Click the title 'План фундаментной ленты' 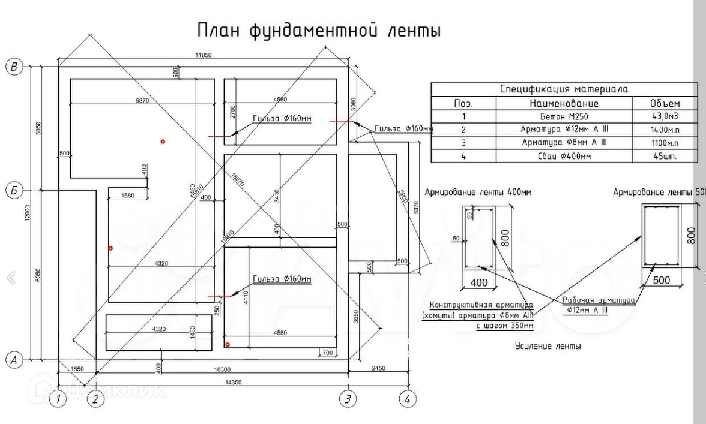319,29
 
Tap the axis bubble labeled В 14,67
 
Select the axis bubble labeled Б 14,190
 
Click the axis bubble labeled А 14,360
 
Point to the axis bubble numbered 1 58,399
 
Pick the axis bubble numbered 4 408,399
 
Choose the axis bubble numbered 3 348,399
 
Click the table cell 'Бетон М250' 564,116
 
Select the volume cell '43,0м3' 665,116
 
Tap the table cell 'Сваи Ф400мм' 564,156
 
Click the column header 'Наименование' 564,103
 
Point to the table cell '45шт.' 665,156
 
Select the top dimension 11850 204,55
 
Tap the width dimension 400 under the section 478,282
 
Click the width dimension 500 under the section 661,281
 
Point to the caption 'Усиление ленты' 548,346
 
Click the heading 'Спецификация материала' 564,89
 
